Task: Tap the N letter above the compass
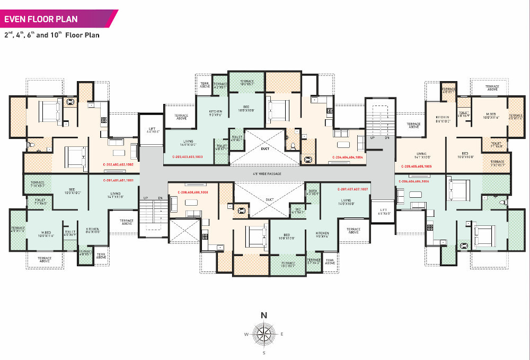tap(264, 315)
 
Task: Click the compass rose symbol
tap(264, 334)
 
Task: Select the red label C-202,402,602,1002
tap(118, 165)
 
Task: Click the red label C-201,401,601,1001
tap(118, 180)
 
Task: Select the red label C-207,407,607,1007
tap(353, 189)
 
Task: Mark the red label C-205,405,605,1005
tap(418, 166)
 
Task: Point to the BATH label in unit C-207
tap(313, 191)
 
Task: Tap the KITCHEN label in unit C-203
tap(207, 111)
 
